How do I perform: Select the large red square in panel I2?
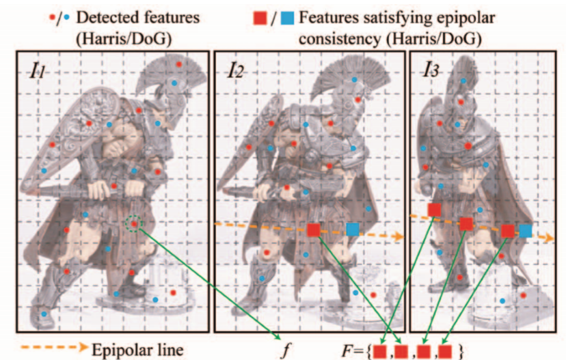[313, 230]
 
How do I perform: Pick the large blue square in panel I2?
[353, 230]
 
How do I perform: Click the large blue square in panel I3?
[525, 231]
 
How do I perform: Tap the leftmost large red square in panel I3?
[434, 209]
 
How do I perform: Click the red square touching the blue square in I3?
[507, 231]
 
